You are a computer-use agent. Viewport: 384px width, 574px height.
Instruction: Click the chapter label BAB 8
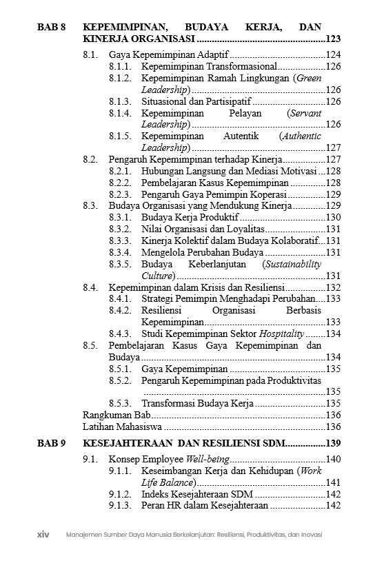[x=52, y=28]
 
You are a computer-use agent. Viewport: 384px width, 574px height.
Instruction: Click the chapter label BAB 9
[x=52, y=443]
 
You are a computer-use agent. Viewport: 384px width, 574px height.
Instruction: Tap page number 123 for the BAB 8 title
[x=334, y=40]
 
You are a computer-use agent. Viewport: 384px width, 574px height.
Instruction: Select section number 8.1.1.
[x=120, y=66]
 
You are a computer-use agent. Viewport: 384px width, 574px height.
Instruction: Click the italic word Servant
[x=305, y=112]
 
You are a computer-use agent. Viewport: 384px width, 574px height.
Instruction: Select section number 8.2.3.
[x=120, y=194]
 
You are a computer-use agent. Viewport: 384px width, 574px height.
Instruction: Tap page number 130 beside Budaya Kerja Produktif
[x=334, y=217]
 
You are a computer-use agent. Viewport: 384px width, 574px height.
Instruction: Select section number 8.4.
[x=90, y=287]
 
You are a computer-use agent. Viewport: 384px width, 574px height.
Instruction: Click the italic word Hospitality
[x=282, y=334]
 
